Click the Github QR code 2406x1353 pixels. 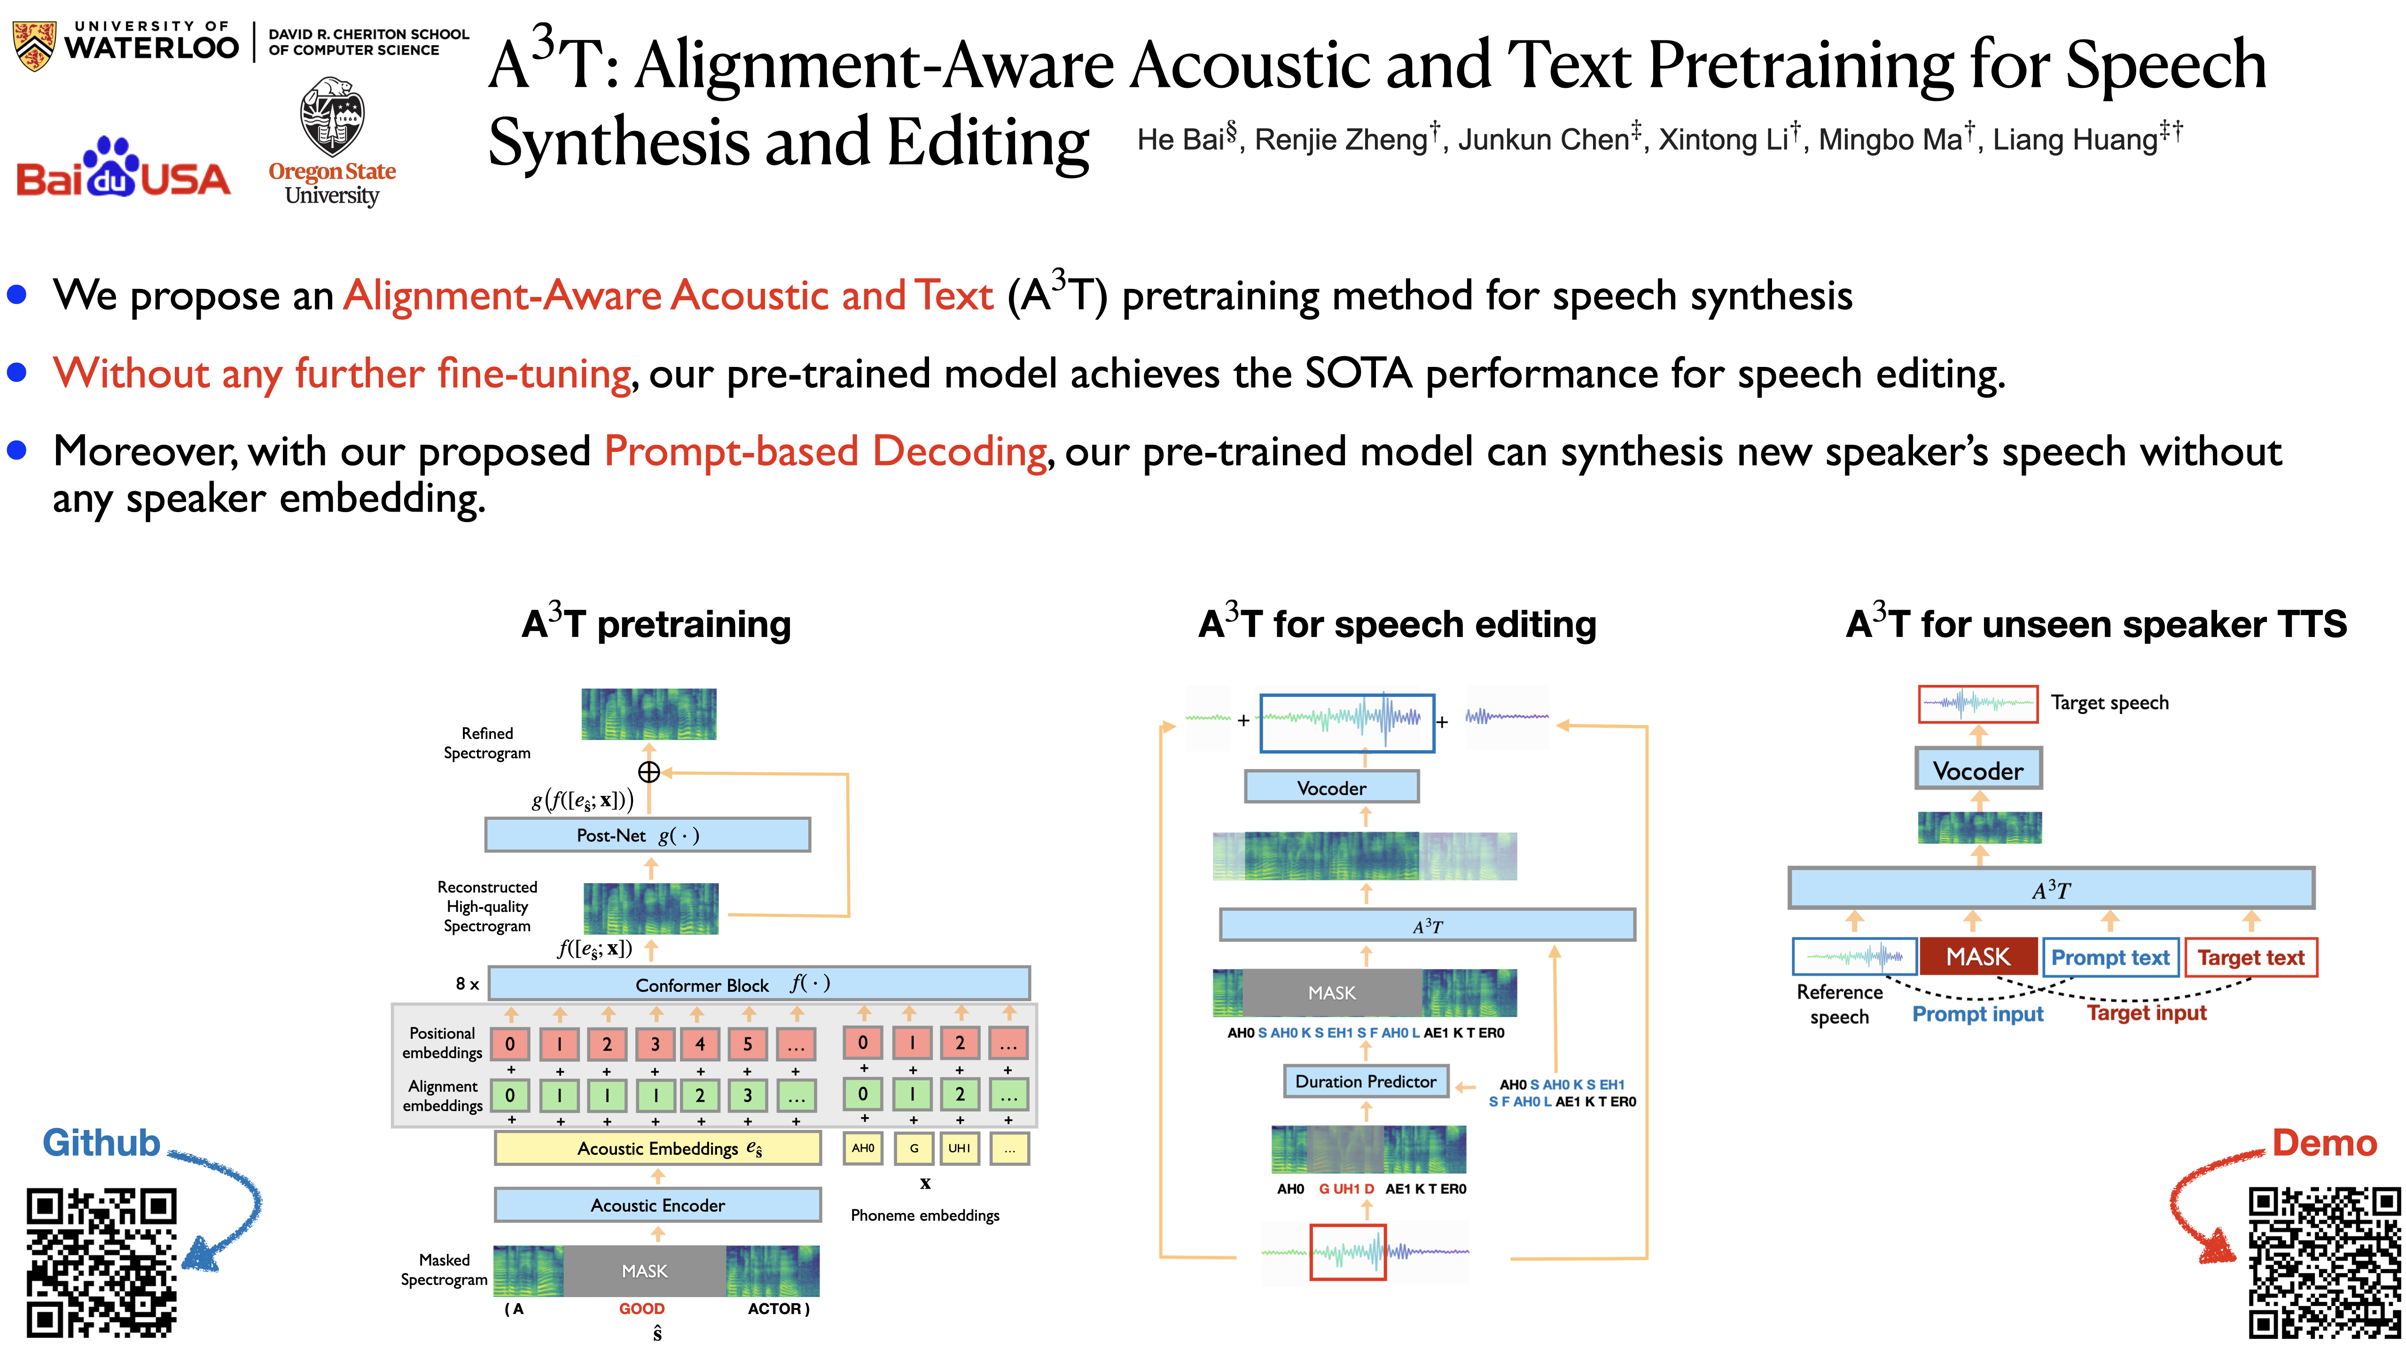pos(101,1262)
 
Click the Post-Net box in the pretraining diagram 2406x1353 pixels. pos(647,835)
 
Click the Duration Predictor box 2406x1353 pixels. pos(1366,1081)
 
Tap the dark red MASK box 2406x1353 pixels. pos(1978,956)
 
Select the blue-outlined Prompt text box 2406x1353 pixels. pos(2110,957)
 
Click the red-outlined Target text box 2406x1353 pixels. pos(2251,957)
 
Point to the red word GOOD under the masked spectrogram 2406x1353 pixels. pos(641,1308)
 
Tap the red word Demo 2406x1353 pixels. pos(2324,1143)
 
